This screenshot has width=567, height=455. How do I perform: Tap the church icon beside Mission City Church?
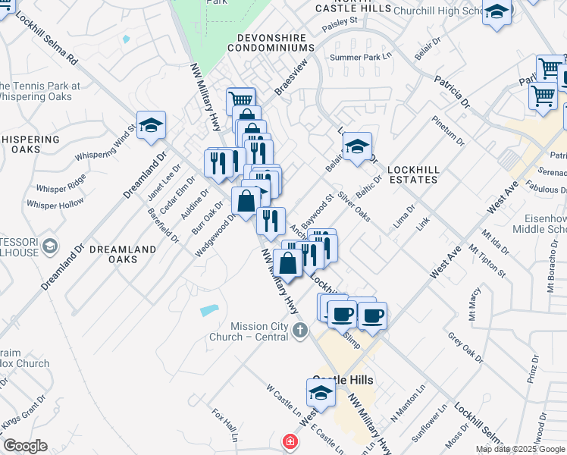click(x=301, y=330)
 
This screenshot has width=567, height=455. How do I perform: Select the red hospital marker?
click(x=289, y=441)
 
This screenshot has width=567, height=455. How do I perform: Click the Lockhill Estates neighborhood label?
click(x=413, y=174)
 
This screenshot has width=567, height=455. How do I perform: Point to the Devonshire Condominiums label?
click(x=275, y=42)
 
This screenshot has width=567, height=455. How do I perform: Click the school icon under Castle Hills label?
click(x=320, y=394)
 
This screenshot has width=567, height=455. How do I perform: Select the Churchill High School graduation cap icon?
click(x=497, y=12)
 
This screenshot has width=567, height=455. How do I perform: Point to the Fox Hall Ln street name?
click(x=225, y=426)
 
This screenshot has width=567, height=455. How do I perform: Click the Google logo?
click(x=25, y=446)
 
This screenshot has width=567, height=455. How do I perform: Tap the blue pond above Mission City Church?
click(x=209, y=310)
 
